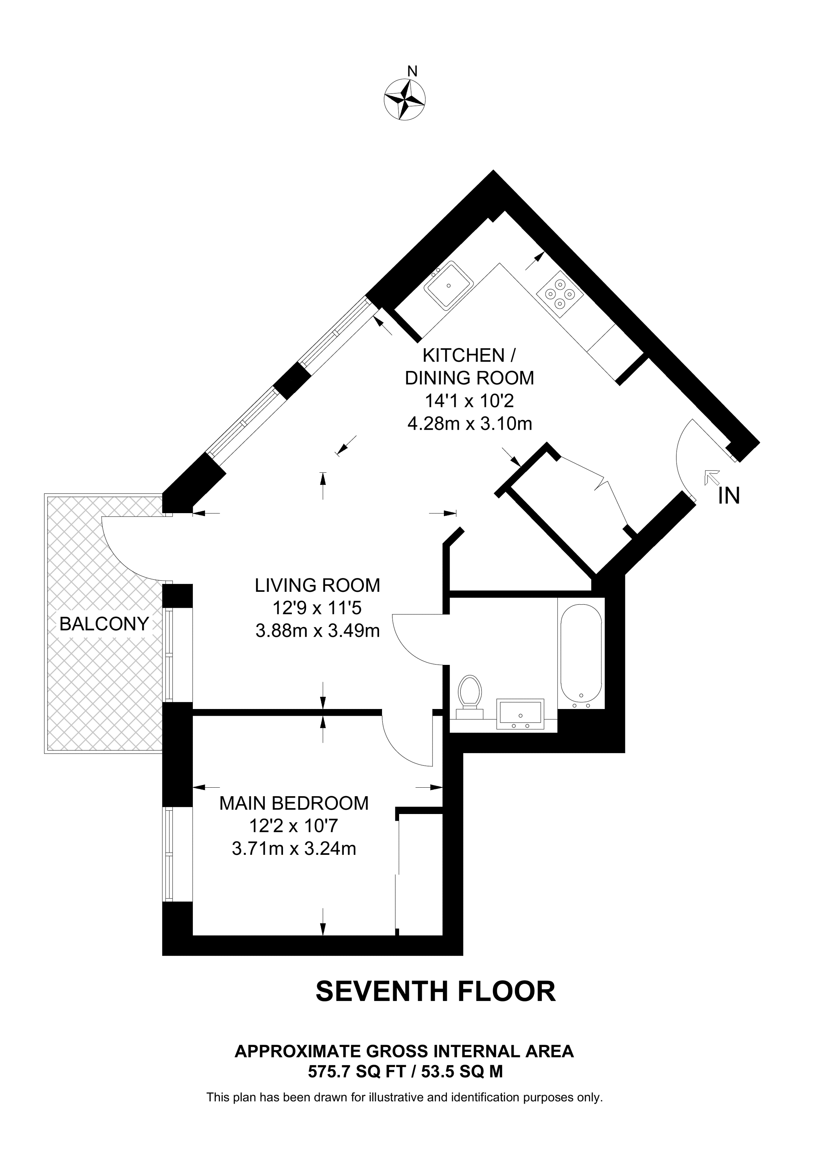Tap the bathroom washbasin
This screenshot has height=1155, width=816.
[520, 714]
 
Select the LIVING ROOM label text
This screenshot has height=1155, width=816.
[317, 585]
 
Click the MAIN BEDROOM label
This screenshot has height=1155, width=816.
[294, 803]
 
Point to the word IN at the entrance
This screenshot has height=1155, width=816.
[729, 496]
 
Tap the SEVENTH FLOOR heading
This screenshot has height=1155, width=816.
[435, 991]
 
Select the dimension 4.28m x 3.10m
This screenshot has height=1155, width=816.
[469, 424]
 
